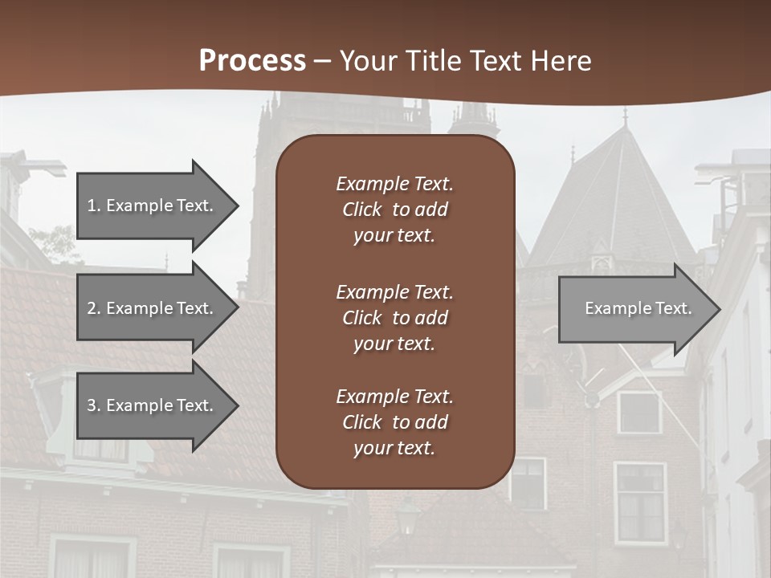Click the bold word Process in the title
pyautogui.click(x=252, y=61)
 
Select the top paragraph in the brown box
pyautogui.click(x=394, y=210)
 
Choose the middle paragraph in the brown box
pyautogui.click(x=394, y=318)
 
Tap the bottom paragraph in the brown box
pyautogui.click(x=394, y=422)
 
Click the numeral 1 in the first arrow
pyautogui.click(x=92, y=206)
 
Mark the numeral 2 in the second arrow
pyautogui.click(x=92, y=308)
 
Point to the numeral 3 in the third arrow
pyautogui.click(x=92, y=405)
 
